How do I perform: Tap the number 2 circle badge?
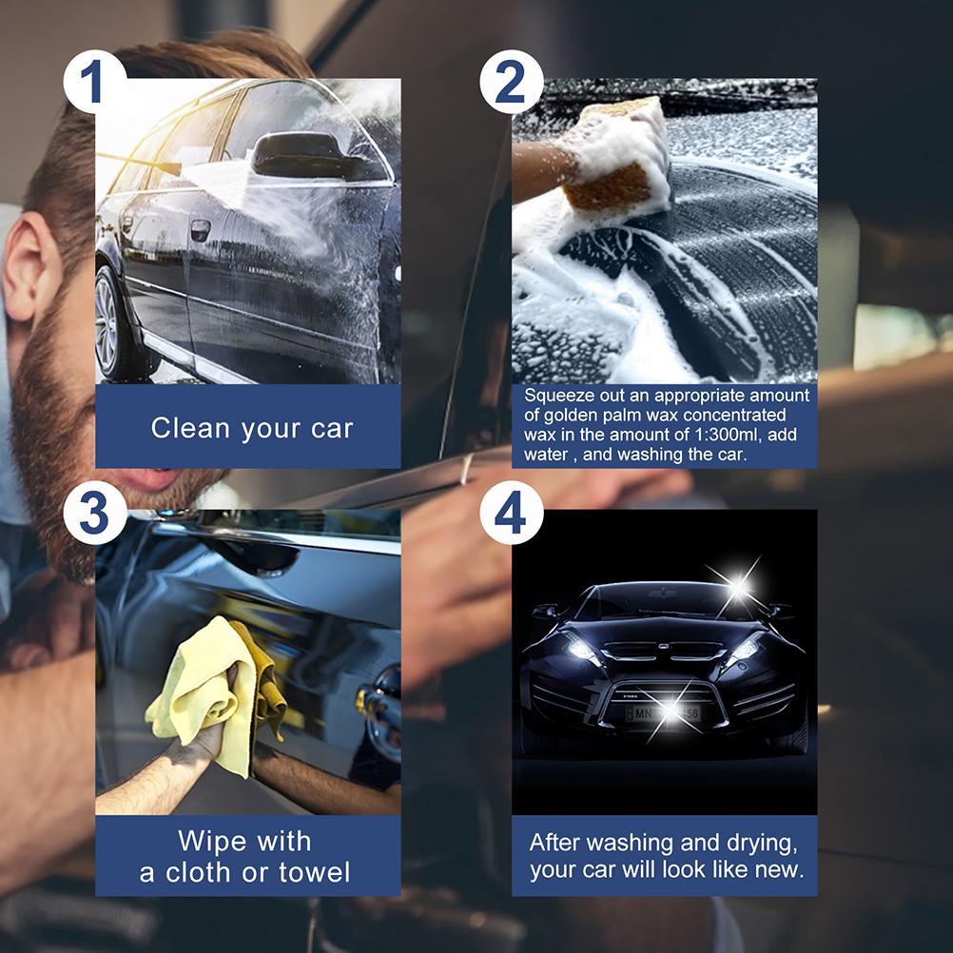point(511,81)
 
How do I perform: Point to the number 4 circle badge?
point(511,515)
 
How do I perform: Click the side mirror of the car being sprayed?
point(292,155)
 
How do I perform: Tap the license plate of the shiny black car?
point(665,712)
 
